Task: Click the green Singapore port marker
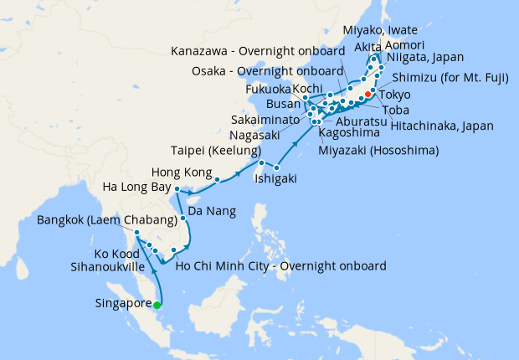coord(157,304)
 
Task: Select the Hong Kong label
coord(178,172)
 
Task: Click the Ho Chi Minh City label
coord(281,266)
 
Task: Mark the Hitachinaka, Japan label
coord(442,126)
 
